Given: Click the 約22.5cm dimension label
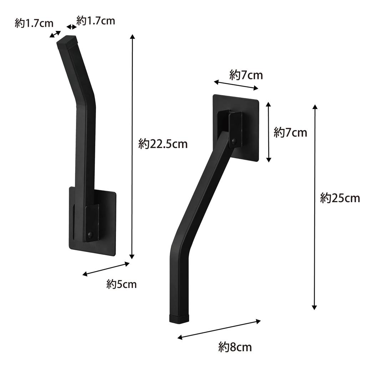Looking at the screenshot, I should (x=163, y=144).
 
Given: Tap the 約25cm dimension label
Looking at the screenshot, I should (x=340, y=197).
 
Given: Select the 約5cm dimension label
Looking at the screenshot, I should (x=121, y=284).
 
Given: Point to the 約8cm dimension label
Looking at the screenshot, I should (x=235, y=346).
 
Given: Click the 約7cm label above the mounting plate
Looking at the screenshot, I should (x=246, y=75).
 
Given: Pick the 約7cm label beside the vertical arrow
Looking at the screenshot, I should (x=290, y=133).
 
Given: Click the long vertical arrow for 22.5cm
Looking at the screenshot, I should (x=132, y=146).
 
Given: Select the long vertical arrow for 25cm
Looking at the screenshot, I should (x=315, y=207).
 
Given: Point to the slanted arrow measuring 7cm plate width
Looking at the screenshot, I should (x=235, y=85).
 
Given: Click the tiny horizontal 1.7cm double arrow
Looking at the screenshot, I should (x=72, y=27).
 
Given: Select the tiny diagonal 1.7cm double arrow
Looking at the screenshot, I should (x=55, y=34).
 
